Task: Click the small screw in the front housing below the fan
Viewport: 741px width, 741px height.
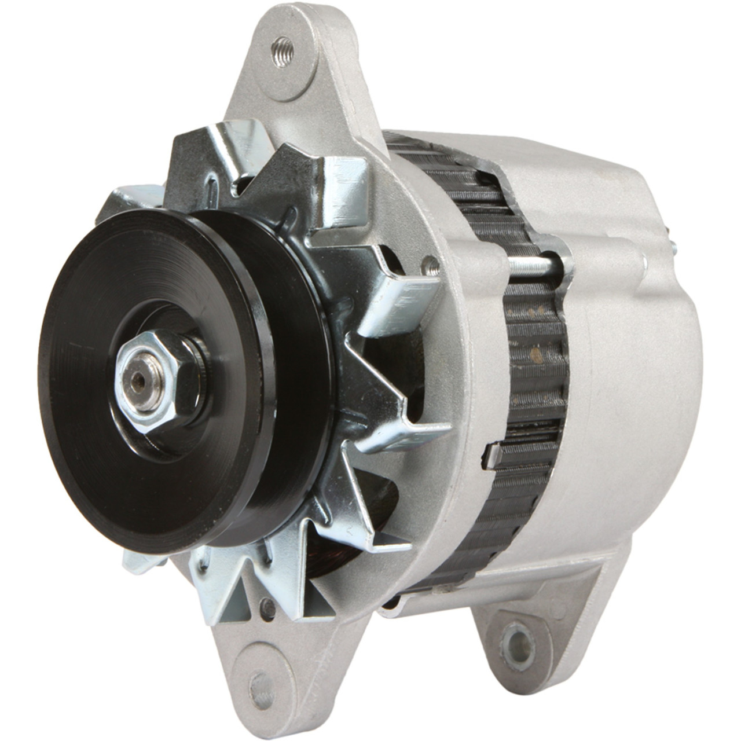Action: (267, 606)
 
